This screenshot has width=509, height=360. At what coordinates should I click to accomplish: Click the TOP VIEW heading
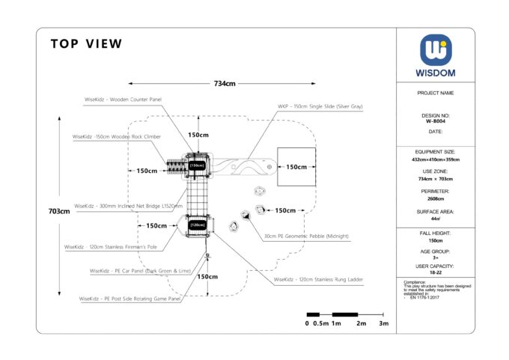(x=86, y=44)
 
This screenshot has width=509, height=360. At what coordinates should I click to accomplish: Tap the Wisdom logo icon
(x=436, y=50)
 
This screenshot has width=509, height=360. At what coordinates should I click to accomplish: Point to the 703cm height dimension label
(x=58, y=211)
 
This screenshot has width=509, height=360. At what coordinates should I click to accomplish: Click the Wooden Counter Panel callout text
(x=123, y=99)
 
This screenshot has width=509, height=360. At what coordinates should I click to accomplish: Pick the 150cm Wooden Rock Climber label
(x=116, y=138)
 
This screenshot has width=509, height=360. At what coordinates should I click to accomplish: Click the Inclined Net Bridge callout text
(x=128, y=205)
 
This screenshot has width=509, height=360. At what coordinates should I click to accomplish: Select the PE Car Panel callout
(x=142, y=270)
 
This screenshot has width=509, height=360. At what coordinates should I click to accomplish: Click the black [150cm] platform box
(x=197, y=165)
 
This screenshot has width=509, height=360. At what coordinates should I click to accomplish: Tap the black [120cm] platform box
(x=197, y=225)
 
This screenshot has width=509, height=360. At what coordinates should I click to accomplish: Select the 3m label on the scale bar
(x=383, y=323)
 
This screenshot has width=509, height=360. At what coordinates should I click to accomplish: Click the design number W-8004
(x=435, y=120)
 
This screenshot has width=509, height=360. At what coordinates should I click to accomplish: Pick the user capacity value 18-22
(x=435, y=272)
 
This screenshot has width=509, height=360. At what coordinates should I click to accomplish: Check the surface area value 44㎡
(x=435, y=219)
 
